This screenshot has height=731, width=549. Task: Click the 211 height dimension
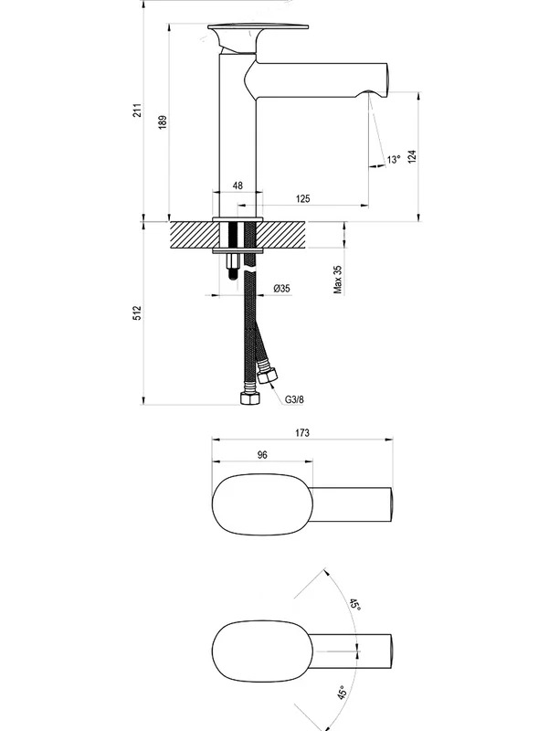click(x=137, y=110)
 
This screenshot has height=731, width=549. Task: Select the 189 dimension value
click(x=163, y=122)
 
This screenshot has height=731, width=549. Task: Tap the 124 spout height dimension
click(x=411, y=156)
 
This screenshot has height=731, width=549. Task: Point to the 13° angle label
click(x=394, y=159)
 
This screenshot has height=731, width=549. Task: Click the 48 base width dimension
click(x=238, y=185)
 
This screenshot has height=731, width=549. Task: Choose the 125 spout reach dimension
click(x=303, y=198)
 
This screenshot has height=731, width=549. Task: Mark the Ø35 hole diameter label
click(x=281, y=288)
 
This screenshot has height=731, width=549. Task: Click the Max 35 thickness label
click(x=338, y=280)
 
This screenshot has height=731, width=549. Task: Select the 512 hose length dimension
click(x=137, y=313)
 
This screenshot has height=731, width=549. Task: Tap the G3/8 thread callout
click(x=294, y=399)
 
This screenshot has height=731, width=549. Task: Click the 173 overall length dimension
click(x=302, y=432)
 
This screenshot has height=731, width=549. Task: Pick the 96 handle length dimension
click(x=262, y=454)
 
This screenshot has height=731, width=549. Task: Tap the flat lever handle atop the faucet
click(x=259, y=27)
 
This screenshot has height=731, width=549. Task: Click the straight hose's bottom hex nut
click(x=248, y=397)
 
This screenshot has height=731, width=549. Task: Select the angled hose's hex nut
click(x=268, y=376)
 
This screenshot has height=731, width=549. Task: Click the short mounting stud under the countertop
click(x=233, y=267)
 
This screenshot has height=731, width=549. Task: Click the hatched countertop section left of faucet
click(x=194, y=236)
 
